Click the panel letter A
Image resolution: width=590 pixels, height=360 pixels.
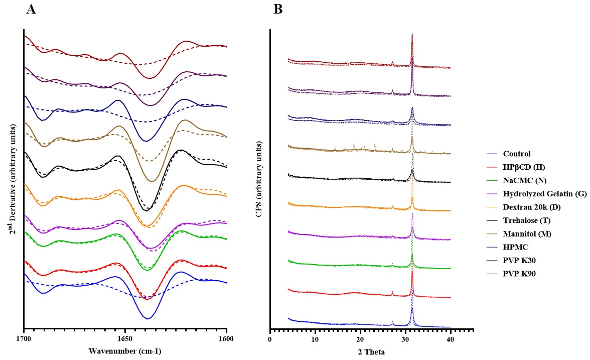point(31,9)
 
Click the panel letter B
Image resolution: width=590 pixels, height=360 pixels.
point(278,9)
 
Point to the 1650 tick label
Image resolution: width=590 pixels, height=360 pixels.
point(125,339)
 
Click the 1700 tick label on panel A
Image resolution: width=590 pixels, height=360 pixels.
point(24,339)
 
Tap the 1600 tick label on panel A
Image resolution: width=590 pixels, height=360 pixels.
point(227,339)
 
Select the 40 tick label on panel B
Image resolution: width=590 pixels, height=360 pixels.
point(451,340)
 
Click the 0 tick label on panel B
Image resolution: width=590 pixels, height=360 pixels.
point(270,340)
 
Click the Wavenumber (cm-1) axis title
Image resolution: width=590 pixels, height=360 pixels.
point(125,350)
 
